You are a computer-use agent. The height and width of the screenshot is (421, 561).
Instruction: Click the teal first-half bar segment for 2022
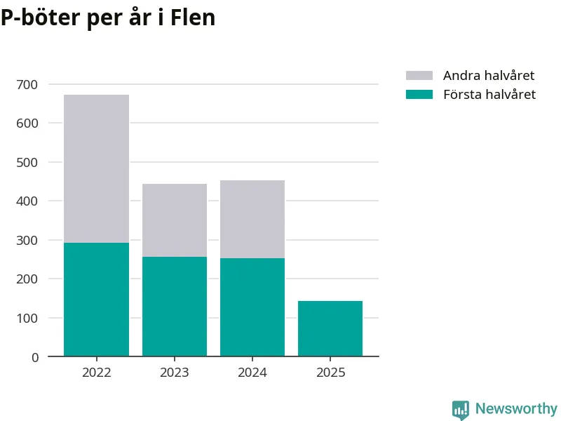pos(96,300)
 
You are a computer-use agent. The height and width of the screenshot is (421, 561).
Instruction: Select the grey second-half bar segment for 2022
pos(96,168)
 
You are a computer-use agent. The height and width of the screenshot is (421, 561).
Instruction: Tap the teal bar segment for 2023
pos(175,307)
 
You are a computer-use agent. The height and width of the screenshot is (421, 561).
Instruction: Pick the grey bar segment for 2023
pos(175,220)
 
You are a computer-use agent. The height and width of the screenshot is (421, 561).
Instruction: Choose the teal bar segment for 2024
pos(252,307)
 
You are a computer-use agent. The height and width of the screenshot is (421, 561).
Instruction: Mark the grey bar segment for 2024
pos(252,219)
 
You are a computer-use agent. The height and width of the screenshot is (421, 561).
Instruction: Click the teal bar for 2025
pos(330,328)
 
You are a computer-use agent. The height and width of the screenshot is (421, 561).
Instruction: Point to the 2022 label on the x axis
pos(96,373)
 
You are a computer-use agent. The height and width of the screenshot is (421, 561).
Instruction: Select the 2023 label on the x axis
pos(175,373)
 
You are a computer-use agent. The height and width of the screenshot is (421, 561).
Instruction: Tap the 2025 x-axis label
pos(330,373)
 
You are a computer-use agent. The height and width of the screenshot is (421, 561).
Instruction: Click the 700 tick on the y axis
pos(29,85)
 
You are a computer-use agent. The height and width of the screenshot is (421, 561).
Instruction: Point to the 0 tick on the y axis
pos(35,357)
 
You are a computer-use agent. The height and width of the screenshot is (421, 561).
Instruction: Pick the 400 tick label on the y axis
pos(29,201)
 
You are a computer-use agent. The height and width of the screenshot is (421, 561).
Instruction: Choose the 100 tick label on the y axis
pos(29,319)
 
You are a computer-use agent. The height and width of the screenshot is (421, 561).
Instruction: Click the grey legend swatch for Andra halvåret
pos(419,76)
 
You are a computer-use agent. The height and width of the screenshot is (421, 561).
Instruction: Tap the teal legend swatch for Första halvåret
pos(419,95)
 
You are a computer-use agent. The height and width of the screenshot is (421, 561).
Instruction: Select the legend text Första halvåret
pos(489,95)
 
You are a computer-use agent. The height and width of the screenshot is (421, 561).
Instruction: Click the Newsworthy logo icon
pos(460,410)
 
